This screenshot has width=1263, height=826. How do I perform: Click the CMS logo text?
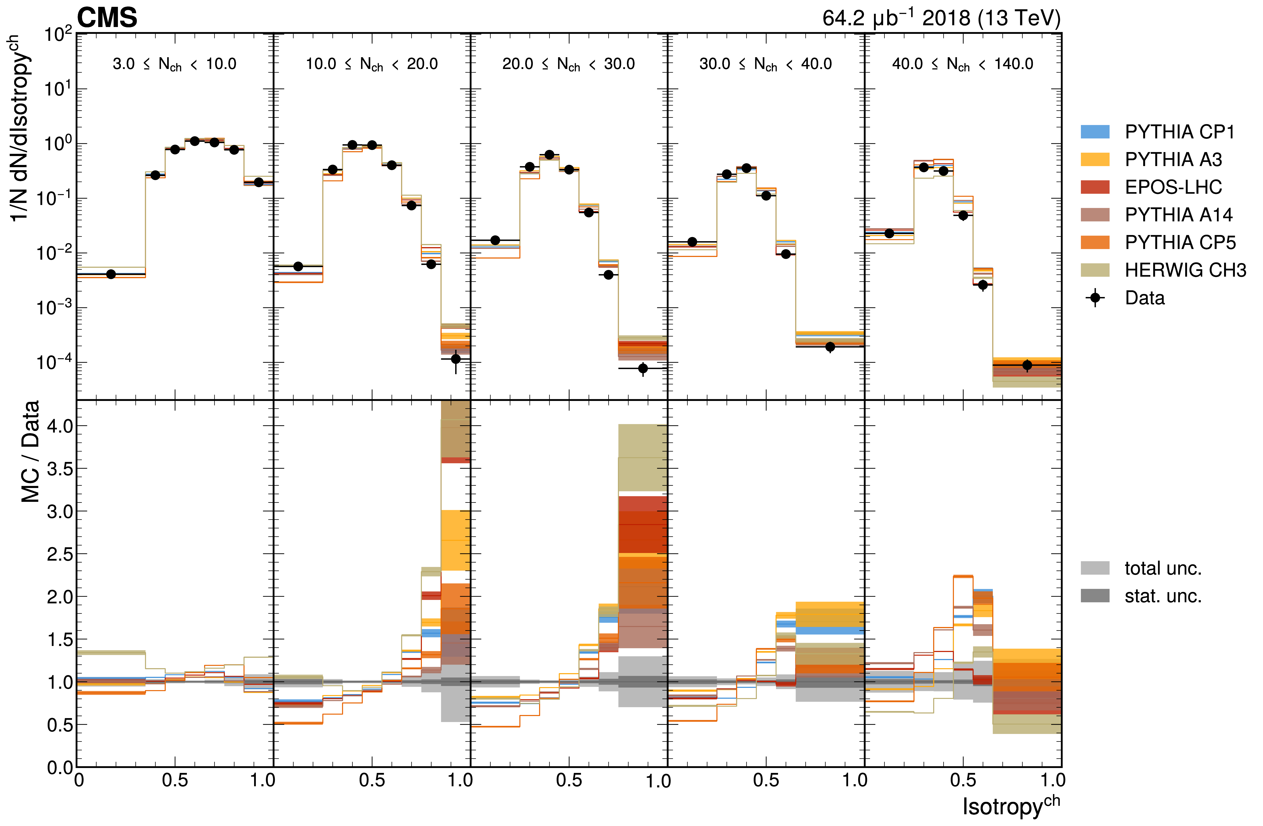tap(107, 18)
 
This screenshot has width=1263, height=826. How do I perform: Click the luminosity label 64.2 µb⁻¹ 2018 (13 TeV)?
tap(941, 18)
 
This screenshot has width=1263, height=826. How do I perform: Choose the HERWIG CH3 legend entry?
tap(1185, 270)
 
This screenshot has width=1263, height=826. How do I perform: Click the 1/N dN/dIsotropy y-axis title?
tap(20, 127)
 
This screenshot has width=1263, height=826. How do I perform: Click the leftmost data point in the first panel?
tap(111, 274)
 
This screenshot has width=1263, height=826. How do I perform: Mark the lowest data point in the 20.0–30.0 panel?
tap(643, 368)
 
